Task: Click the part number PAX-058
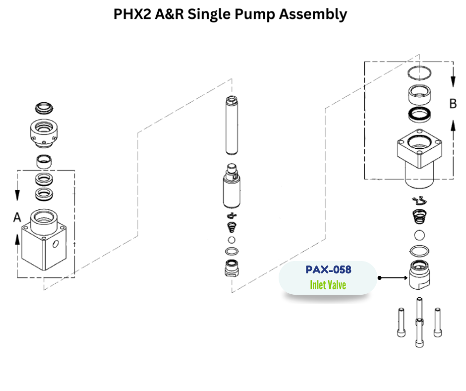tap(328, 269)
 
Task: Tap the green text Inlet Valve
tap(328, 285)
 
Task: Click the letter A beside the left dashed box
tap(17, 217)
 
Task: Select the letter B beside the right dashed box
tap(453, 104)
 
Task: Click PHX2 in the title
tap(132, 14)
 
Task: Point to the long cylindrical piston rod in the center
tap(232, 125)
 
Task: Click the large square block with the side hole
tap(44, 240)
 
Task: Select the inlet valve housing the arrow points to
tap(419, 275)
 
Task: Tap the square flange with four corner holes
tap(419, 149)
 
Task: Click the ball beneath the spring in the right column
tap(419, 235)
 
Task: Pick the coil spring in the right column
tap(419, 216)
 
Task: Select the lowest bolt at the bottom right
tap(419, 332)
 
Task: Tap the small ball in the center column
tap(232, 240)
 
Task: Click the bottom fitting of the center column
tap(232, 268)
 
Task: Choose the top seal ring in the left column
tap(44, 108)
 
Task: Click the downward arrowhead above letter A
tap(17, 195)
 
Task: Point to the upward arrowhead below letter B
tap(453, 125)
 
